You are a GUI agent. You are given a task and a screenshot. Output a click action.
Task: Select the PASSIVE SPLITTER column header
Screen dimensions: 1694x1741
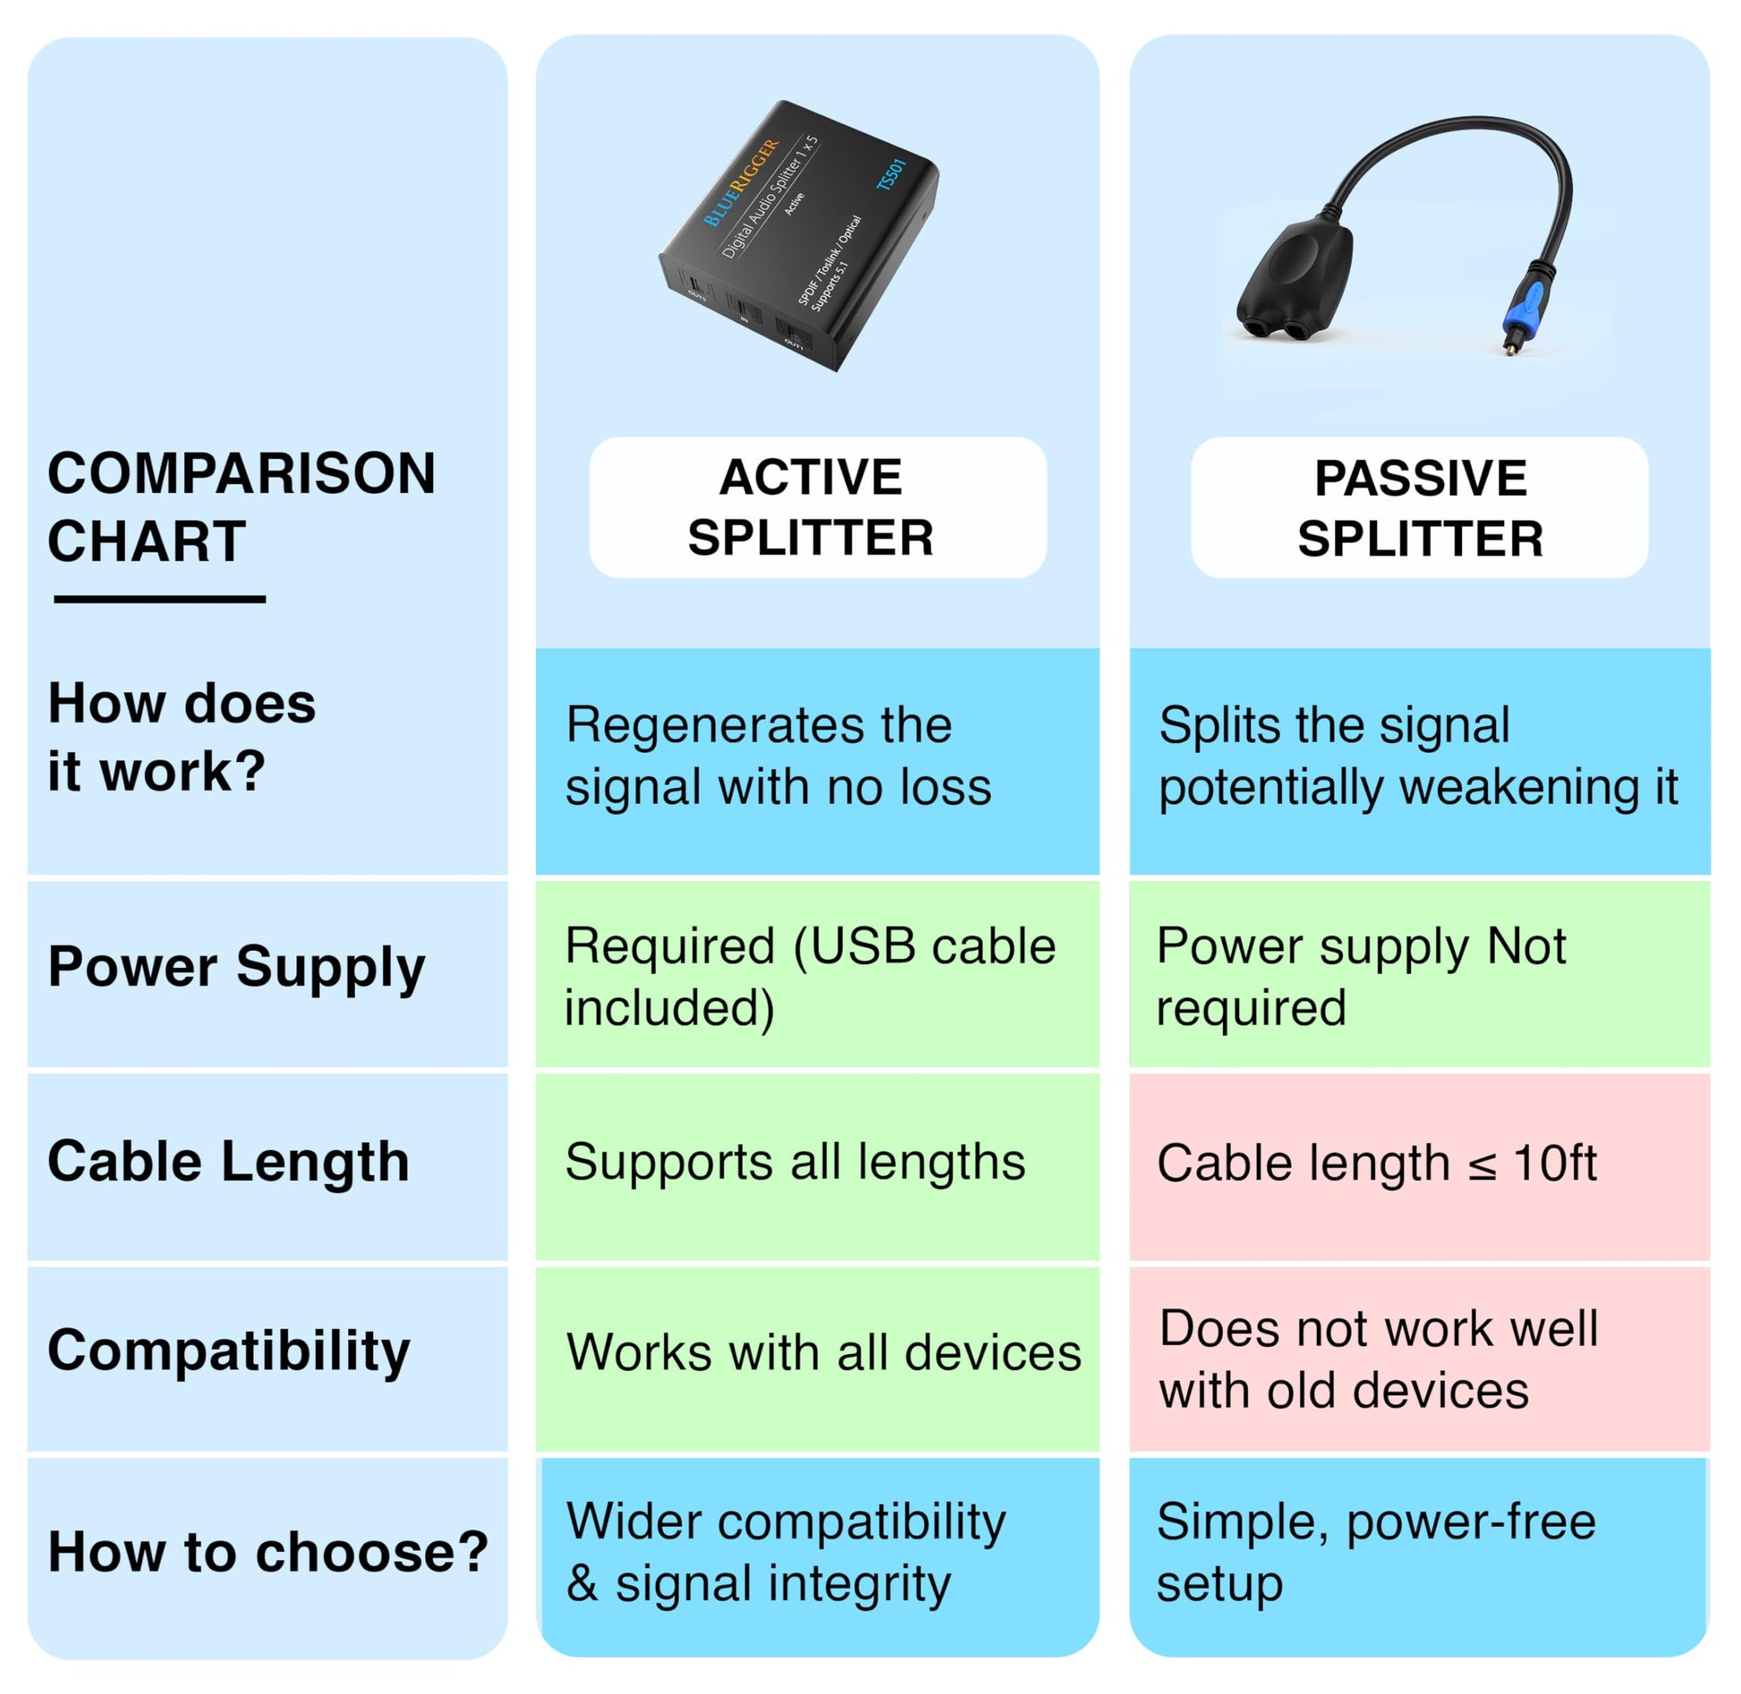pos(1419,508)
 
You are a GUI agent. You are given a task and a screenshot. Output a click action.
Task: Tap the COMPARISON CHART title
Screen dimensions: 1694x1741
pos(241,507)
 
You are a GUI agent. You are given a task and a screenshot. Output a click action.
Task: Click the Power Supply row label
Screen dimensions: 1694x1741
pos(236,967)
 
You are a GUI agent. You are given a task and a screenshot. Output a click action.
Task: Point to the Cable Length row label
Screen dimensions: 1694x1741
pos(228,1162)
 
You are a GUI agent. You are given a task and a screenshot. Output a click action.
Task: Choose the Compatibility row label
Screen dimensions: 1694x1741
pos(228,1350)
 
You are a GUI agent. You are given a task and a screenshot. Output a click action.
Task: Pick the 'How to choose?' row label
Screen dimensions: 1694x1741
pos(268,1551)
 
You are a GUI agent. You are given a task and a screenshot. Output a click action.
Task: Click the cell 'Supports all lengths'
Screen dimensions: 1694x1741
pos(794,1162)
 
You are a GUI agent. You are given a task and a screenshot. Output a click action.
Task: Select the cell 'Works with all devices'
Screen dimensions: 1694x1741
pos(823,1351)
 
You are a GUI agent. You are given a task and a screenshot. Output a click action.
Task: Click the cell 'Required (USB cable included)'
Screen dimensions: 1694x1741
pos(810,977)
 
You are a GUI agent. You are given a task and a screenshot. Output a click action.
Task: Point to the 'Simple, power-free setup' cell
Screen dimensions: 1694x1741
pos(1375,1552)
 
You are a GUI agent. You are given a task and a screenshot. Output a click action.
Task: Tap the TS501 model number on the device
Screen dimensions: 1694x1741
pos(892,175)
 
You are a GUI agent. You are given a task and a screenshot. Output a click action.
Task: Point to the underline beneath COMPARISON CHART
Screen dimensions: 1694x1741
pos(159,598)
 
